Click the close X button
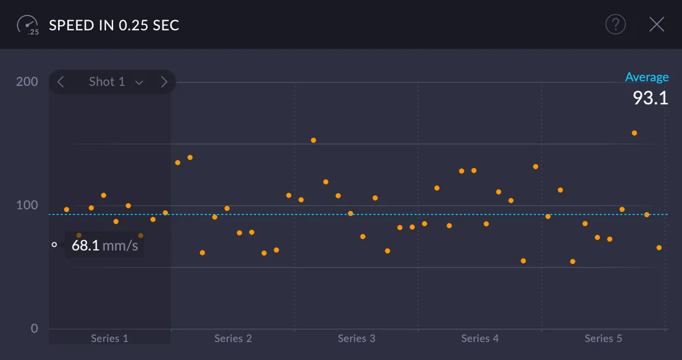656,24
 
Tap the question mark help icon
615,24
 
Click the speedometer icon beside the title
28,25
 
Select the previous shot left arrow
61,82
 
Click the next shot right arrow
164,82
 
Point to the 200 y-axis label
27,81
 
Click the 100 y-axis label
27,205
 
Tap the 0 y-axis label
34,329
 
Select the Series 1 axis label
110,338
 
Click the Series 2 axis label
233,338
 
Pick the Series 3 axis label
356,338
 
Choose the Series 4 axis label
480,338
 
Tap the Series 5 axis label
603,338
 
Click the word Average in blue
647,77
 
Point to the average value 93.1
650,98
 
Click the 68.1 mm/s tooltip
104,245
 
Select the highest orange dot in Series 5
634,133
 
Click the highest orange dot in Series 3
313,140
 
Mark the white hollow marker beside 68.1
54,245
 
